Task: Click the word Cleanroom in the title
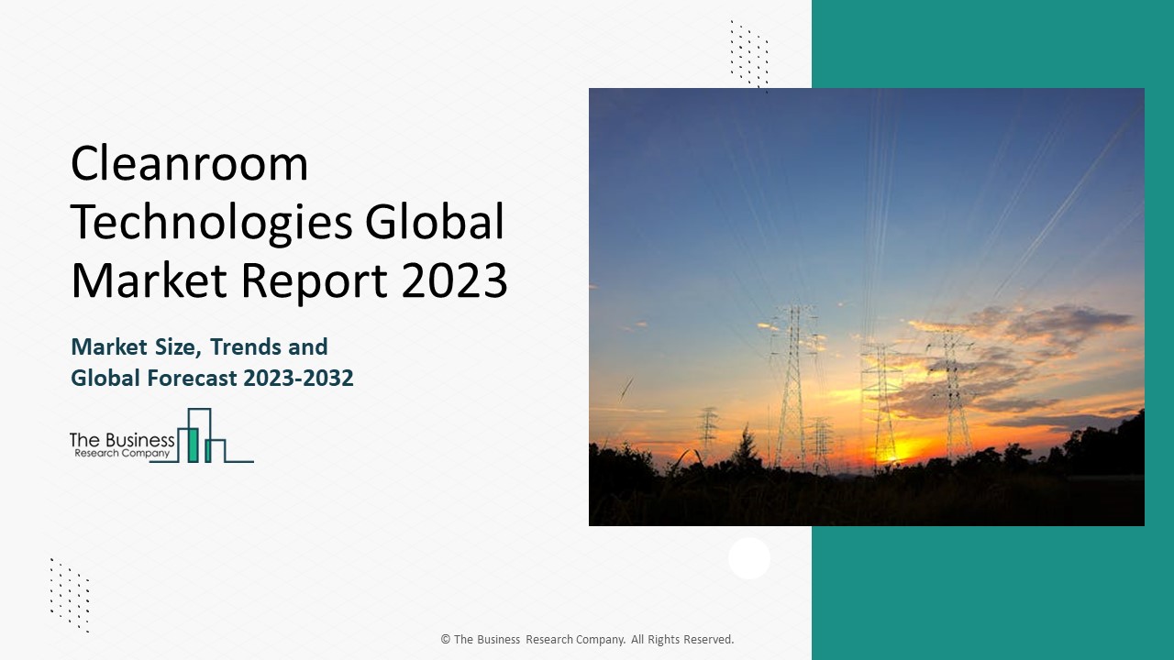189,165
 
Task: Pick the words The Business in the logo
122,440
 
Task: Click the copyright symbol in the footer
445,640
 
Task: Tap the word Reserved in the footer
706,640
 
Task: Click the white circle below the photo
749,558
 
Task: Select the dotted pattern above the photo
748,54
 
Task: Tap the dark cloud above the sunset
1055,325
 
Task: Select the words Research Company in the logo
120,454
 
